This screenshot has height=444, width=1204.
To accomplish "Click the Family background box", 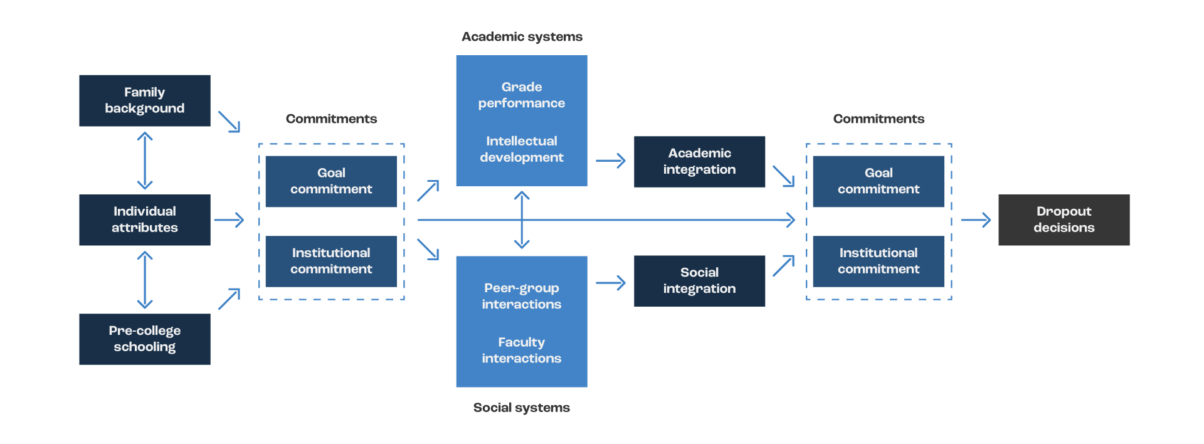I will [145, 100].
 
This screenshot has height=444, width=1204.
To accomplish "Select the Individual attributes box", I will [145, 219].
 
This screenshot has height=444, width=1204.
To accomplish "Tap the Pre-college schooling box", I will [145, 339].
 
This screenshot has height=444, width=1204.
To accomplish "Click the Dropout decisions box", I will [1064, 219].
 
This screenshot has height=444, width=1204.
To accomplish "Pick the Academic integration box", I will [699, 161].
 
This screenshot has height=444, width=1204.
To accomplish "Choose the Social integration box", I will [699, 280].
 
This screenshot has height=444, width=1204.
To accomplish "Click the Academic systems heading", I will [522, 37].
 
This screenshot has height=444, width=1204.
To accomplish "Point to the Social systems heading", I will [522, 408].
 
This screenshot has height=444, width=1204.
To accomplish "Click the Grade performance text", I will [522, 95].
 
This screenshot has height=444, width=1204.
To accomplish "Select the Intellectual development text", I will [522, 149].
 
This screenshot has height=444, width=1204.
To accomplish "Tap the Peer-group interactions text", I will [522, 296].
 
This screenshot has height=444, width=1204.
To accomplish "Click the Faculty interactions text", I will [522, 350].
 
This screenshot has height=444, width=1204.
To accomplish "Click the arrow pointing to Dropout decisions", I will [976, 220].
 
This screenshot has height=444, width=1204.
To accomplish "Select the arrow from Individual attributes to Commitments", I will [228, 220].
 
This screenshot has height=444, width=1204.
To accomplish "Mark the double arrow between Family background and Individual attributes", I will [145, 161].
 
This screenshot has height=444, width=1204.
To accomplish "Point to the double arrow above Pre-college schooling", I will [145, 280].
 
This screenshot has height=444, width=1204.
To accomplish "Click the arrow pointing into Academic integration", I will [610, 161].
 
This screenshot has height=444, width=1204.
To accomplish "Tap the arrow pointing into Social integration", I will [610, 283].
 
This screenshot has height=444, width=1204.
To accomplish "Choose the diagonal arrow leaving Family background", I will [229, 122].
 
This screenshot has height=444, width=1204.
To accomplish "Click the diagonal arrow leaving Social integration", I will [783, 266].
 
